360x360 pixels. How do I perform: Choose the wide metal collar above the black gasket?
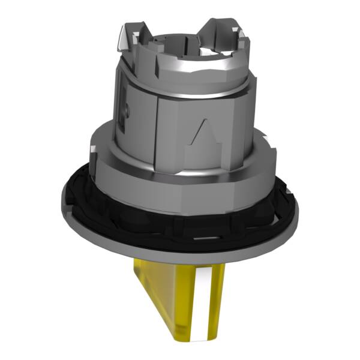tap(180, 180)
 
